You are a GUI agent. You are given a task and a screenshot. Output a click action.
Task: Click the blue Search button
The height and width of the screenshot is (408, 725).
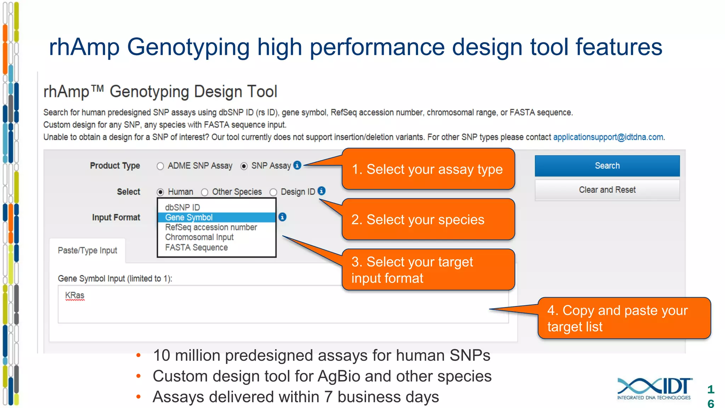607,166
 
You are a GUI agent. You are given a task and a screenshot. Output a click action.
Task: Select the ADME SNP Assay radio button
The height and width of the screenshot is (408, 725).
160,166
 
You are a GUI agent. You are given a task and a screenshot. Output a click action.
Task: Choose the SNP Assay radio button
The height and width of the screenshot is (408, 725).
244,166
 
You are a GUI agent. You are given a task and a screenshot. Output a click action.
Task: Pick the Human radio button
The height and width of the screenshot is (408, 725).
160,192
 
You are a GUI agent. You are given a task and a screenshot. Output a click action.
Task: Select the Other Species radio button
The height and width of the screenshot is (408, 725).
205,192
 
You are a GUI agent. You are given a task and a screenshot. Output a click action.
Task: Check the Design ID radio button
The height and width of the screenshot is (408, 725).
273,192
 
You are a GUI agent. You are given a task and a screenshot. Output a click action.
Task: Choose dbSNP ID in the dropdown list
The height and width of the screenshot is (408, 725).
183,208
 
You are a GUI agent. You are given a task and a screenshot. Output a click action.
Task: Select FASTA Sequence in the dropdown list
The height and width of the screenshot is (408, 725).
196,248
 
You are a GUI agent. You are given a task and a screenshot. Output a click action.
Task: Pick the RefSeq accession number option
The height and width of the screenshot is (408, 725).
211,227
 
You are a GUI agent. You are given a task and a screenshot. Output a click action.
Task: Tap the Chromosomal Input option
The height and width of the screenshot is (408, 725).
199,237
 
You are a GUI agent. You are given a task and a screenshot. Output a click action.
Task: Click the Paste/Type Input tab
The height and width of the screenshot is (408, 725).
87,251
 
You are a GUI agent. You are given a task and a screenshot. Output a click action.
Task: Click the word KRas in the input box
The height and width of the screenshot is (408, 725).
75,295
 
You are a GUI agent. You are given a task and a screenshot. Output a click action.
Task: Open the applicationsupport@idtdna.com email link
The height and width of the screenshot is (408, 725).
608,137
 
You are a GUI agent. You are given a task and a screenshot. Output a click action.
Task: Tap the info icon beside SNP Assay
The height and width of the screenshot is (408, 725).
297,165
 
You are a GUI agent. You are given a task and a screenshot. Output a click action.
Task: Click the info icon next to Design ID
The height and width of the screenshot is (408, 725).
321,191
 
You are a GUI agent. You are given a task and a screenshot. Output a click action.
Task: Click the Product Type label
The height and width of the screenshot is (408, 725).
115,166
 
